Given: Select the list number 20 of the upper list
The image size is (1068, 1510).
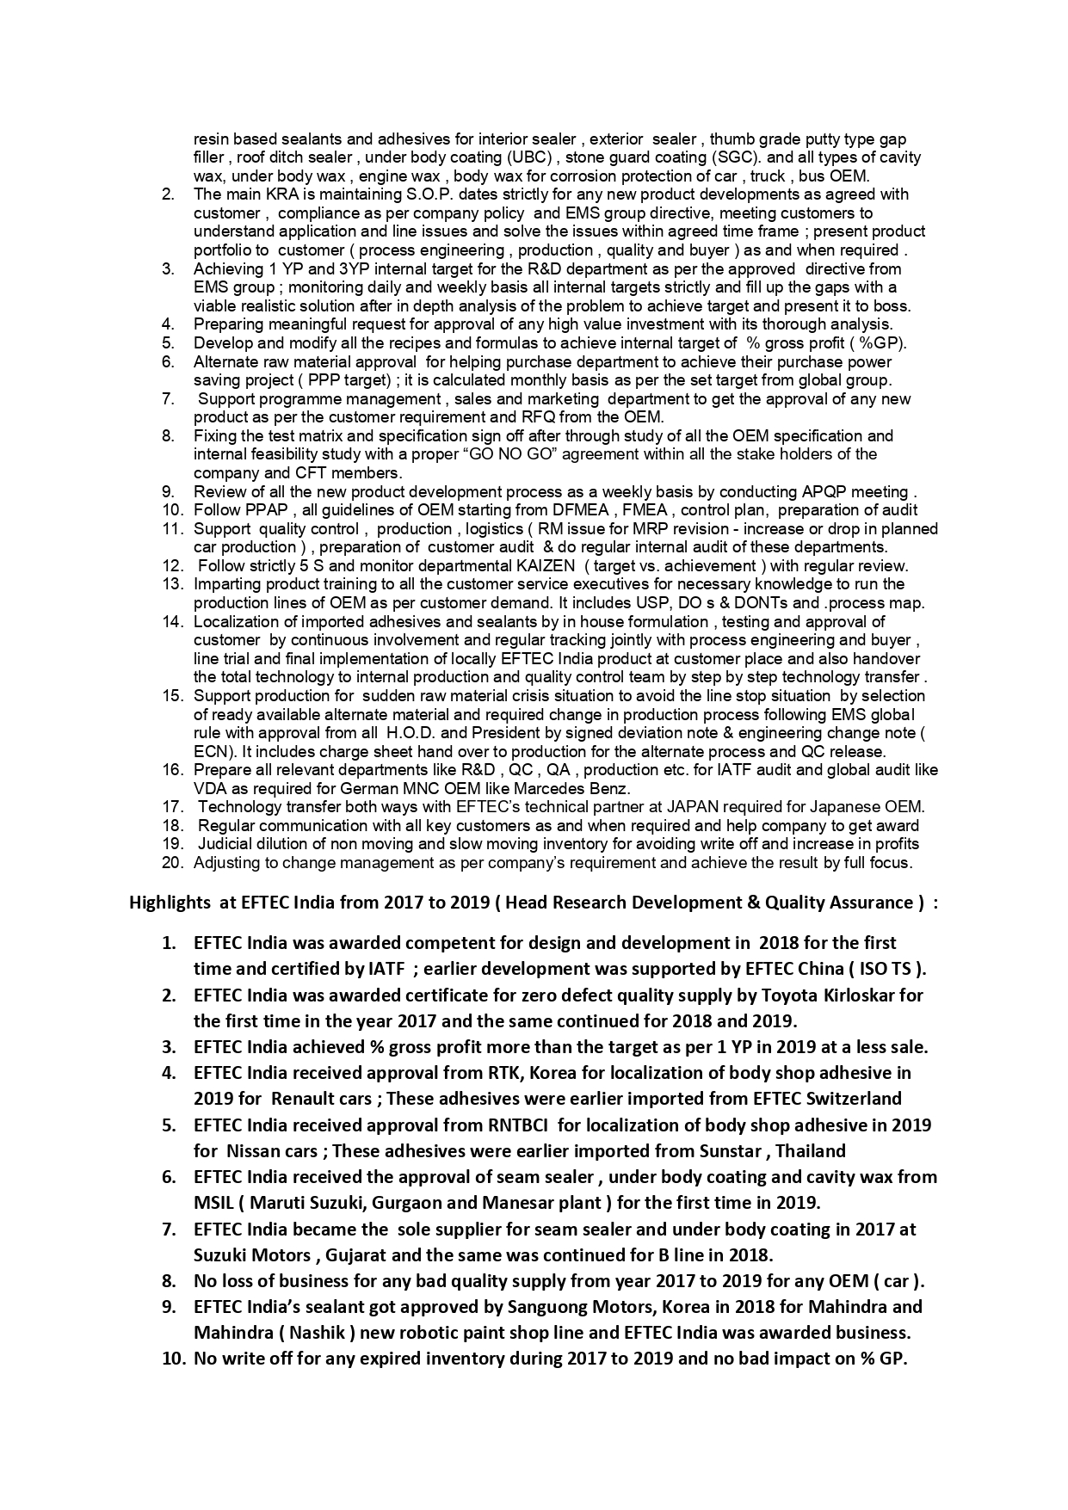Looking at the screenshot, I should [x=173, y=863].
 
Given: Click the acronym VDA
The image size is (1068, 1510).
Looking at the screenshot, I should [x=209, y=789].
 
